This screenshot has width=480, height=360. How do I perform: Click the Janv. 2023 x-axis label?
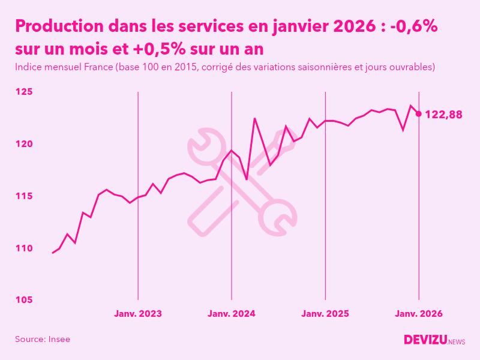pos(138,313)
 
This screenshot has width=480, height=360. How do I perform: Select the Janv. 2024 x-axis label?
pos(232,313)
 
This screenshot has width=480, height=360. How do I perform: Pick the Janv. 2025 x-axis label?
pos(325,313)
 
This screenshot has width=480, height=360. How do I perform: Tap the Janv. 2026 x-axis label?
pos(419,313)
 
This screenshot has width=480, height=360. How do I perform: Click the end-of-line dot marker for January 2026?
pos(419,113)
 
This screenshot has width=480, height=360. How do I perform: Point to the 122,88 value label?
pos(443,115)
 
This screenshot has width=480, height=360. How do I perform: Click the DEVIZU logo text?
pos(425,340)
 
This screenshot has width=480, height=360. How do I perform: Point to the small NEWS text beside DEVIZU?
pos(456,342)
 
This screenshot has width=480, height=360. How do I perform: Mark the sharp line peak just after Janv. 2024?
pos(254,118)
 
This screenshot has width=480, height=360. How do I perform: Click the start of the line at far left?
pos(53,253)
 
